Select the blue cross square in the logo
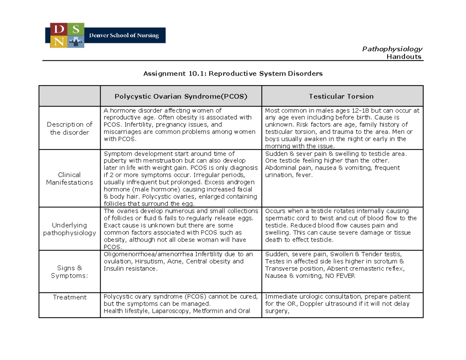pyautogui.click(x=76, y=41)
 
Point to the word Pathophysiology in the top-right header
pyautogui.click(x=392, y=49)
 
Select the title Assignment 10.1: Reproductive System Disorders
pyautogui.click(x=233, y=73)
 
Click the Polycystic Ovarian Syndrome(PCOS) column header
pyautogui.click(x=181, y=96)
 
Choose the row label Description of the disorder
pyautogui.click(x=70, y=129)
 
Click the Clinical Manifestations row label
pyautogui.click(x=70, y=179)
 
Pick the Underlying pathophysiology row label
pyautogui.click(x=70, y=229)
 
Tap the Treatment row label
pyautogui.click(x=70, y=297)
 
